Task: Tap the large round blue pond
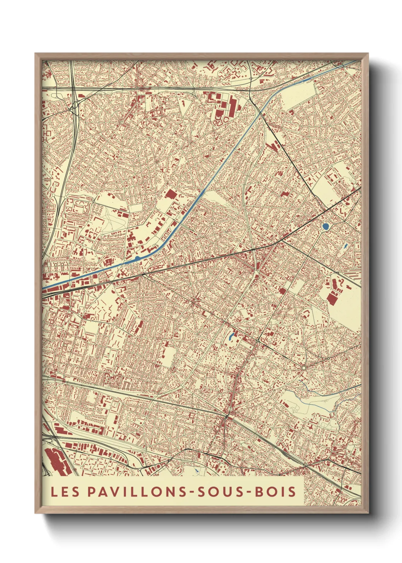[x=326, y=227]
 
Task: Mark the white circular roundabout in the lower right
[x=304, y=368]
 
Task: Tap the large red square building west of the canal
[x=171, y=194]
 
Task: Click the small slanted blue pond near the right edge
[x=345, y=247]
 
